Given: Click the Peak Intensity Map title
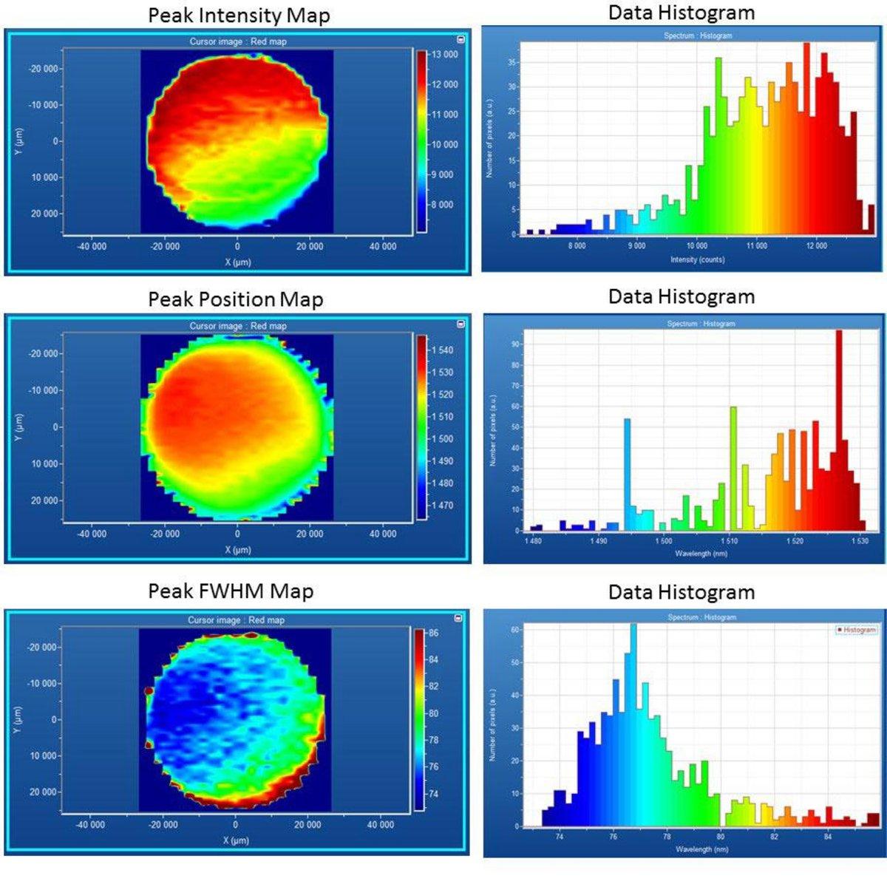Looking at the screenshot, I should pos(239,16).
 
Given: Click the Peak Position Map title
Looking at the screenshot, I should pos(236,299).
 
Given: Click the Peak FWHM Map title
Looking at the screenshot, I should pos(231,591).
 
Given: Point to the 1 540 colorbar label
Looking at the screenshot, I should pos(442,350).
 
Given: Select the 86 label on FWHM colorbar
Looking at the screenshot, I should pos(433,633).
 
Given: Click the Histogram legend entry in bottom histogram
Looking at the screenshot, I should pos(857,630).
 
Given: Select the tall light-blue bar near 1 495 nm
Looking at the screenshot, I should pos(628,474).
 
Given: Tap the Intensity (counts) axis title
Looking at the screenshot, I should pos(697,259).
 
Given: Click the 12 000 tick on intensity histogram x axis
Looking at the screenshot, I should pos(816,245).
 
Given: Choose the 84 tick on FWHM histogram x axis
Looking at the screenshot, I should pos(827,837).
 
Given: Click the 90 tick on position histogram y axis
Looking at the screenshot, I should pos(515,344).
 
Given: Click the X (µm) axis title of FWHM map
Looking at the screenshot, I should pos(237,840).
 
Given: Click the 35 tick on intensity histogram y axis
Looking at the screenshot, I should pos(512,63).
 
